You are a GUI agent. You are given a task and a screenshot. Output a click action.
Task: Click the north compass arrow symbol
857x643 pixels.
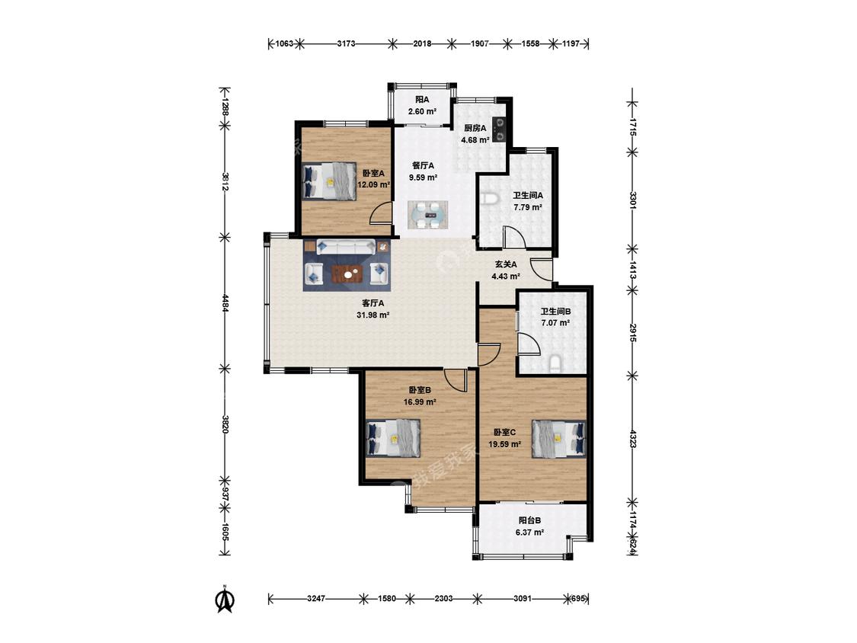pos(225,600)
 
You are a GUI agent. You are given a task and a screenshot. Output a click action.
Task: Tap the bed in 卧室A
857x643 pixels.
pos(329,181)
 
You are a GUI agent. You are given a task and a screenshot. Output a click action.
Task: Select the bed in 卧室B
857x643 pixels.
pos(394,438)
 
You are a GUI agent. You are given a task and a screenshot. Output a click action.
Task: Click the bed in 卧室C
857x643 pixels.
pos(558,438)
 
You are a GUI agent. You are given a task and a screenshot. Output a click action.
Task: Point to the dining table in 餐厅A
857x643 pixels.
pos(428,215)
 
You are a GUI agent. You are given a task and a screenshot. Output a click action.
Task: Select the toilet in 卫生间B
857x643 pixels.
pos(555,364)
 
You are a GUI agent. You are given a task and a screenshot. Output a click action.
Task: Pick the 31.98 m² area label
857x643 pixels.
pos(373,315)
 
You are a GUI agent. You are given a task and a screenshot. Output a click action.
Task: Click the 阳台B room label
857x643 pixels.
pos(529,520)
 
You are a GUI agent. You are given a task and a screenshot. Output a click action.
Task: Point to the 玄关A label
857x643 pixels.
pos(506,264)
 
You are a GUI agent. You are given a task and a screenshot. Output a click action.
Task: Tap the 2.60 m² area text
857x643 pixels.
pos(422,111)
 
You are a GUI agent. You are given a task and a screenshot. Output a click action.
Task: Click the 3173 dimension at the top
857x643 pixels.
pos(346,43)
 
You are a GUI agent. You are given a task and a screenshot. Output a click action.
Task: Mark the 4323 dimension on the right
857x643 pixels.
pos(632,439)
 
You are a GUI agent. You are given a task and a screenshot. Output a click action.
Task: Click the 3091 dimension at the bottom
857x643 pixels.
pos(523,599)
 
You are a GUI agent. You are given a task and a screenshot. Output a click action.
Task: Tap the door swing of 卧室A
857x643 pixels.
pos(380,213)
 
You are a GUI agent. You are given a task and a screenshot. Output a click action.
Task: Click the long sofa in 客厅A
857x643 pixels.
pos(346,247)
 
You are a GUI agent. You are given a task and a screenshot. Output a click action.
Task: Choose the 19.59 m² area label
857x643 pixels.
pos(504,444)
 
